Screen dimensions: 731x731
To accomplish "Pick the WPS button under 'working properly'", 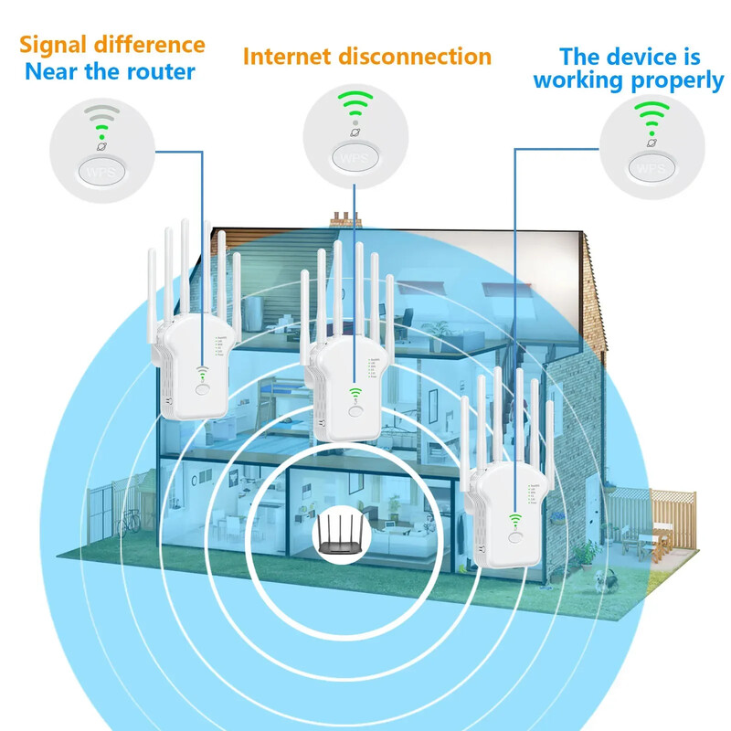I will click(651, 168).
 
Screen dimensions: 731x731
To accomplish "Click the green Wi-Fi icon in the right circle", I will click(652, 115).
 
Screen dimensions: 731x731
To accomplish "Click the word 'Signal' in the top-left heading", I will click(58, 44).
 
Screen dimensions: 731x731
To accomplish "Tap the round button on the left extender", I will click(202, 388).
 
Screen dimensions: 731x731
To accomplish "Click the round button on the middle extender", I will click(354, 411).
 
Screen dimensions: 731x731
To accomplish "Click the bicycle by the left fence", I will click(131, 521).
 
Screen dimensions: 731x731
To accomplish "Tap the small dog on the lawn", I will click(601, 577).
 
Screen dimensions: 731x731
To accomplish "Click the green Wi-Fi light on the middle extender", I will click(353, 394).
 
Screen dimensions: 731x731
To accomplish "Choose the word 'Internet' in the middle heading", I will click(285, 57).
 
